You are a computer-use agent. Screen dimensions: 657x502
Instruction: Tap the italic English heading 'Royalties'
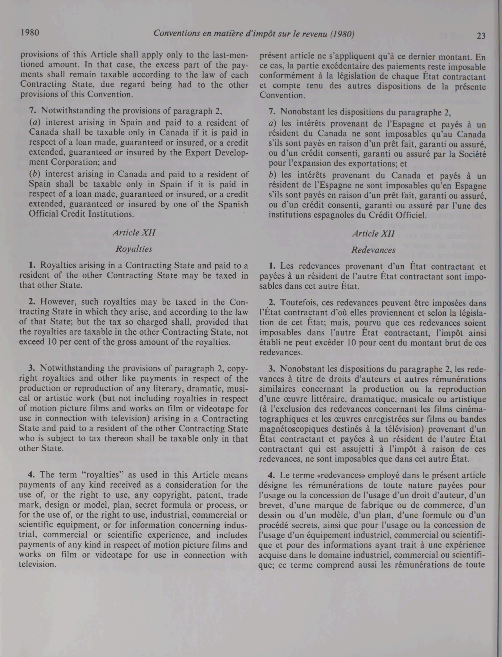[x=134, y=249]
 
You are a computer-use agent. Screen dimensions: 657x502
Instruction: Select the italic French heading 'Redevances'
[x=373, y=250]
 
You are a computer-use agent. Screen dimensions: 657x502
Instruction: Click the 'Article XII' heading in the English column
[x=134, y=232]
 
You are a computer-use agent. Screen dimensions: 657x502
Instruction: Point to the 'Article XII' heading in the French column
[x=373, y=234]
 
